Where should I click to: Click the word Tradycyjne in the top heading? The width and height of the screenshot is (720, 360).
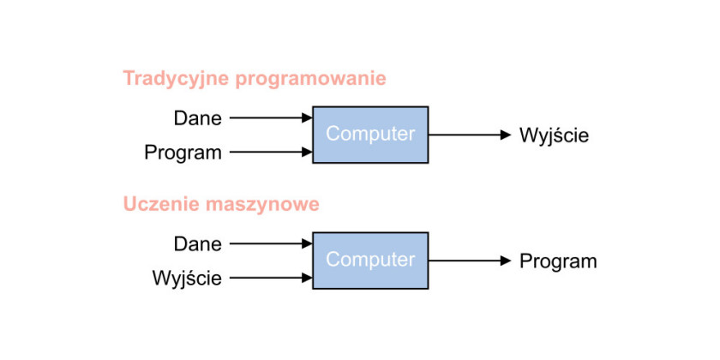pos(177,79)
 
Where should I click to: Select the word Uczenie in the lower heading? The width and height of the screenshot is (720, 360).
pos(161,204)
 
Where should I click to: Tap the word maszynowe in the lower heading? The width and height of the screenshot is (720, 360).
pos(262,205)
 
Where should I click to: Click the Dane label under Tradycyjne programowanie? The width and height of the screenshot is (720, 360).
pos(197,118)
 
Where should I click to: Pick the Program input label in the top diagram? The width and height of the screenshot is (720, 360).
pos(183,153)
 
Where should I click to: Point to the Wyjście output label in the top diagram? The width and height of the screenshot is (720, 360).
pos(554,136)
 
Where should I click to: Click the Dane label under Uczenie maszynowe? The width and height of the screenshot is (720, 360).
pos(197,244)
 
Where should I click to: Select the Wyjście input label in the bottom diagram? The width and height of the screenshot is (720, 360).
pos(187,279)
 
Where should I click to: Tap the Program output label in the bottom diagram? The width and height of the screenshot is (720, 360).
pos(558,261)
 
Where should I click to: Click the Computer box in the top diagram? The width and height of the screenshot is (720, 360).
pos(370,135)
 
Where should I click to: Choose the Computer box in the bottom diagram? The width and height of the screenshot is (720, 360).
pos(370,261)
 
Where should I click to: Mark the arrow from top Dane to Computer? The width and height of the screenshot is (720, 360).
pos(271,118)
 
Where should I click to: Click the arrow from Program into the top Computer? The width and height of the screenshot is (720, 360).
pos(271,152)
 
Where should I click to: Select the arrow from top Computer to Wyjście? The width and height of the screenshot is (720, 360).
pos(470,135)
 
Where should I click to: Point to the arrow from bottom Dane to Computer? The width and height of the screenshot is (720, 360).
pos(271,243)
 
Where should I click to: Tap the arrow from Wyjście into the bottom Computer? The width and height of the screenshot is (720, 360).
pos(271,278)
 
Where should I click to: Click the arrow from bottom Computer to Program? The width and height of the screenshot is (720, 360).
pos(470,261)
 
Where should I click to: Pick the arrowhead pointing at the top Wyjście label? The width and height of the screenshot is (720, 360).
pos(506,135)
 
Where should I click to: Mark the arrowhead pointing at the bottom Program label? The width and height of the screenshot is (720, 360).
pos(506,261)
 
